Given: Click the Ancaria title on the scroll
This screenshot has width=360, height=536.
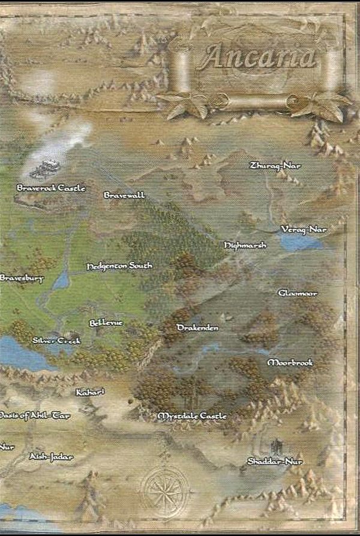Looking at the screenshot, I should tap(259, 58).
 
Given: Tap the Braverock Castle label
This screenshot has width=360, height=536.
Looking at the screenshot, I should tap(51, 188).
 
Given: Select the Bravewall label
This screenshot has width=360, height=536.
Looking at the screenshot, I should tap(124, 195).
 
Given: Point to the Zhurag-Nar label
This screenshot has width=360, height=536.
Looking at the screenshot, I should tap(275, 165).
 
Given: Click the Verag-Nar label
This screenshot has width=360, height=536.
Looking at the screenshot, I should tap(304, 230).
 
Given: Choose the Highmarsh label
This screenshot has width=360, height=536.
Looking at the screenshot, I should tap(245, 245).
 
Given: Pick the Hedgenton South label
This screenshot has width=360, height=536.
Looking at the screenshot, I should tap(119, 266).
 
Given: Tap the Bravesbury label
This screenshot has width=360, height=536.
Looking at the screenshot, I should tap(22, 278).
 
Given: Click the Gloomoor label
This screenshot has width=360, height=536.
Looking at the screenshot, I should tap(298, 293).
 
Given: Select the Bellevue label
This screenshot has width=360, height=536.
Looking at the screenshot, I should tap(106, 323).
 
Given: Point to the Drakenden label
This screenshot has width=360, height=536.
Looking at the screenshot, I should tap(197, 328).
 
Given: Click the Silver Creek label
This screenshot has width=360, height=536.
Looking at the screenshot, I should tap(56, 341).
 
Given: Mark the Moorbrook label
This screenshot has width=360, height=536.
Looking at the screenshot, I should tap(290, 363).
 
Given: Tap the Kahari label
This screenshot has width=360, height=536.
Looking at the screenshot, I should tap(91, 392).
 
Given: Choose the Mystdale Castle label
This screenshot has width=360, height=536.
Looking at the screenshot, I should tap(192, 415).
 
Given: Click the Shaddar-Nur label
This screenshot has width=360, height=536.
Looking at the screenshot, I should tap(275, 461).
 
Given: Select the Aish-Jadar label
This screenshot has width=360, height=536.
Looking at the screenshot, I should tap(51, 457).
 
